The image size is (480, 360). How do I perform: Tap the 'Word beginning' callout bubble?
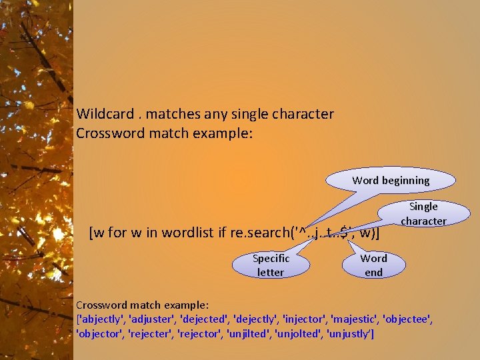pyautogui.click(x=391, y=180)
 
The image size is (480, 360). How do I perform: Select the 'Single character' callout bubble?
pyautogui.click(x=423, y=213)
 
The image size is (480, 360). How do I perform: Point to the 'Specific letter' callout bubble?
pyautogui.click(x=271, y=265)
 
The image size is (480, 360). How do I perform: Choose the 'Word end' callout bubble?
pyautogui.click(x=373, y=265)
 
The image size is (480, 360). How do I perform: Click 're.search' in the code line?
pyautogui.click(x=256, y=233)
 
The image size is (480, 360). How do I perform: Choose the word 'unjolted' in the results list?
pyautogui.click(x=296, y=333)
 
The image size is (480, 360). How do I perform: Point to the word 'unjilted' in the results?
pyautogui.click(x=247, y=333)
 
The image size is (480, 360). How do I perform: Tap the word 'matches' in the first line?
pyautogui.click(x=168, y=114)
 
